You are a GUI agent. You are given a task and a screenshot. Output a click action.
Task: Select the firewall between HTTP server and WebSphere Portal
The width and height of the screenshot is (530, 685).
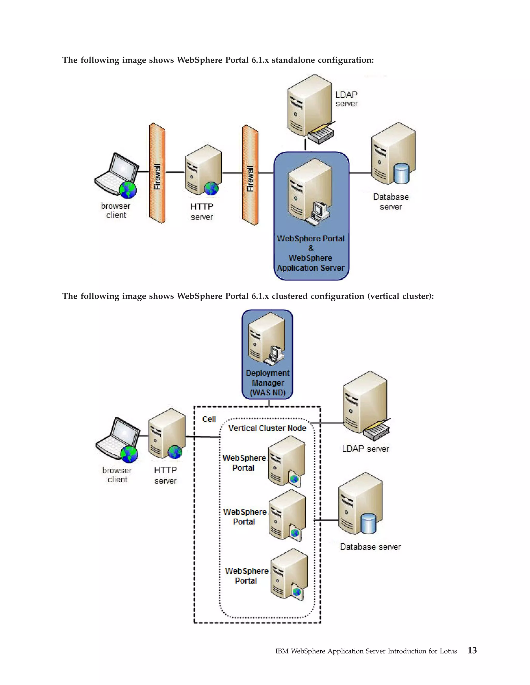pyautogui.click(x=250, y=175)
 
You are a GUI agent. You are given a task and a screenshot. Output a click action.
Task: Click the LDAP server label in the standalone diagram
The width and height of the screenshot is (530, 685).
pyautogui.click(x=346, y=99)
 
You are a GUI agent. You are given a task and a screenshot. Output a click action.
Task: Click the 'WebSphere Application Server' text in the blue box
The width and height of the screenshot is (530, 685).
pyautogui.click(x=311, y=263)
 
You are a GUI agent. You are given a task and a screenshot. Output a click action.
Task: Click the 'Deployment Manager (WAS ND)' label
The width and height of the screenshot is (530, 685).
pyautogui.click(x=268, y=383)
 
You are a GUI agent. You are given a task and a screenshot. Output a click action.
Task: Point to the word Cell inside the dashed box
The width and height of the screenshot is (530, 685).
pyautogui.click(x=209, y=419)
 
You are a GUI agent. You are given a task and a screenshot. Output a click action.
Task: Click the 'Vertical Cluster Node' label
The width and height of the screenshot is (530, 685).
pyautogui.click(x=267, y=428)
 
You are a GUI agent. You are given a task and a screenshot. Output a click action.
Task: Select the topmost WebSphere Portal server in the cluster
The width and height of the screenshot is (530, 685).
pyautogui.click(x=286, y=461)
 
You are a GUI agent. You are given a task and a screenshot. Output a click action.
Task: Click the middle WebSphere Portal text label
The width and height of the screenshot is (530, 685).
pyautogui.click(x=245, y=516)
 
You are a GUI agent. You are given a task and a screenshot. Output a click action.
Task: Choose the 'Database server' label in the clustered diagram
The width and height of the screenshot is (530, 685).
pyautogui.click(x=370, y=547)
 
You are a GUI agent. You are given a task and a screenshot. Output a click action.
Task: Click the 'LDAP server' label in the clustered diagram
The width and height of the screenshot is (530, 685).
pyautogui.click(x=365, y=449)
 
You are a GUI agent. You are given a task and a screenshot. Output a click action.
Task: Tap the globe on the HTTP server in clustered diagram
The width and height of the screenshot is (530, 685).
pyautogui.click(x=175, y=452)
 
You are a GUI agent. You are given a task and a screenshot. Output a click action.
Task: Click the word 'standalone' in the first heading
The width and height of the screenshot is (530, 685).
pyautogui.click(x=293, y=60)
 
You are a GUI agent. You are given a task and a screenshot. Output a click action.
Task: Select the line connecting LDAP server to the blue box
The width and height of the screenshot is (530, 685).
pyautogui.click(x=305, y=145)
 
